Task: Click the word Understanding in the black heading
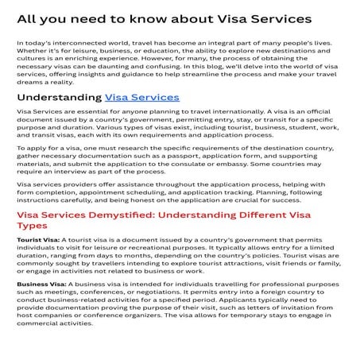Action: click(59, 97)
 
